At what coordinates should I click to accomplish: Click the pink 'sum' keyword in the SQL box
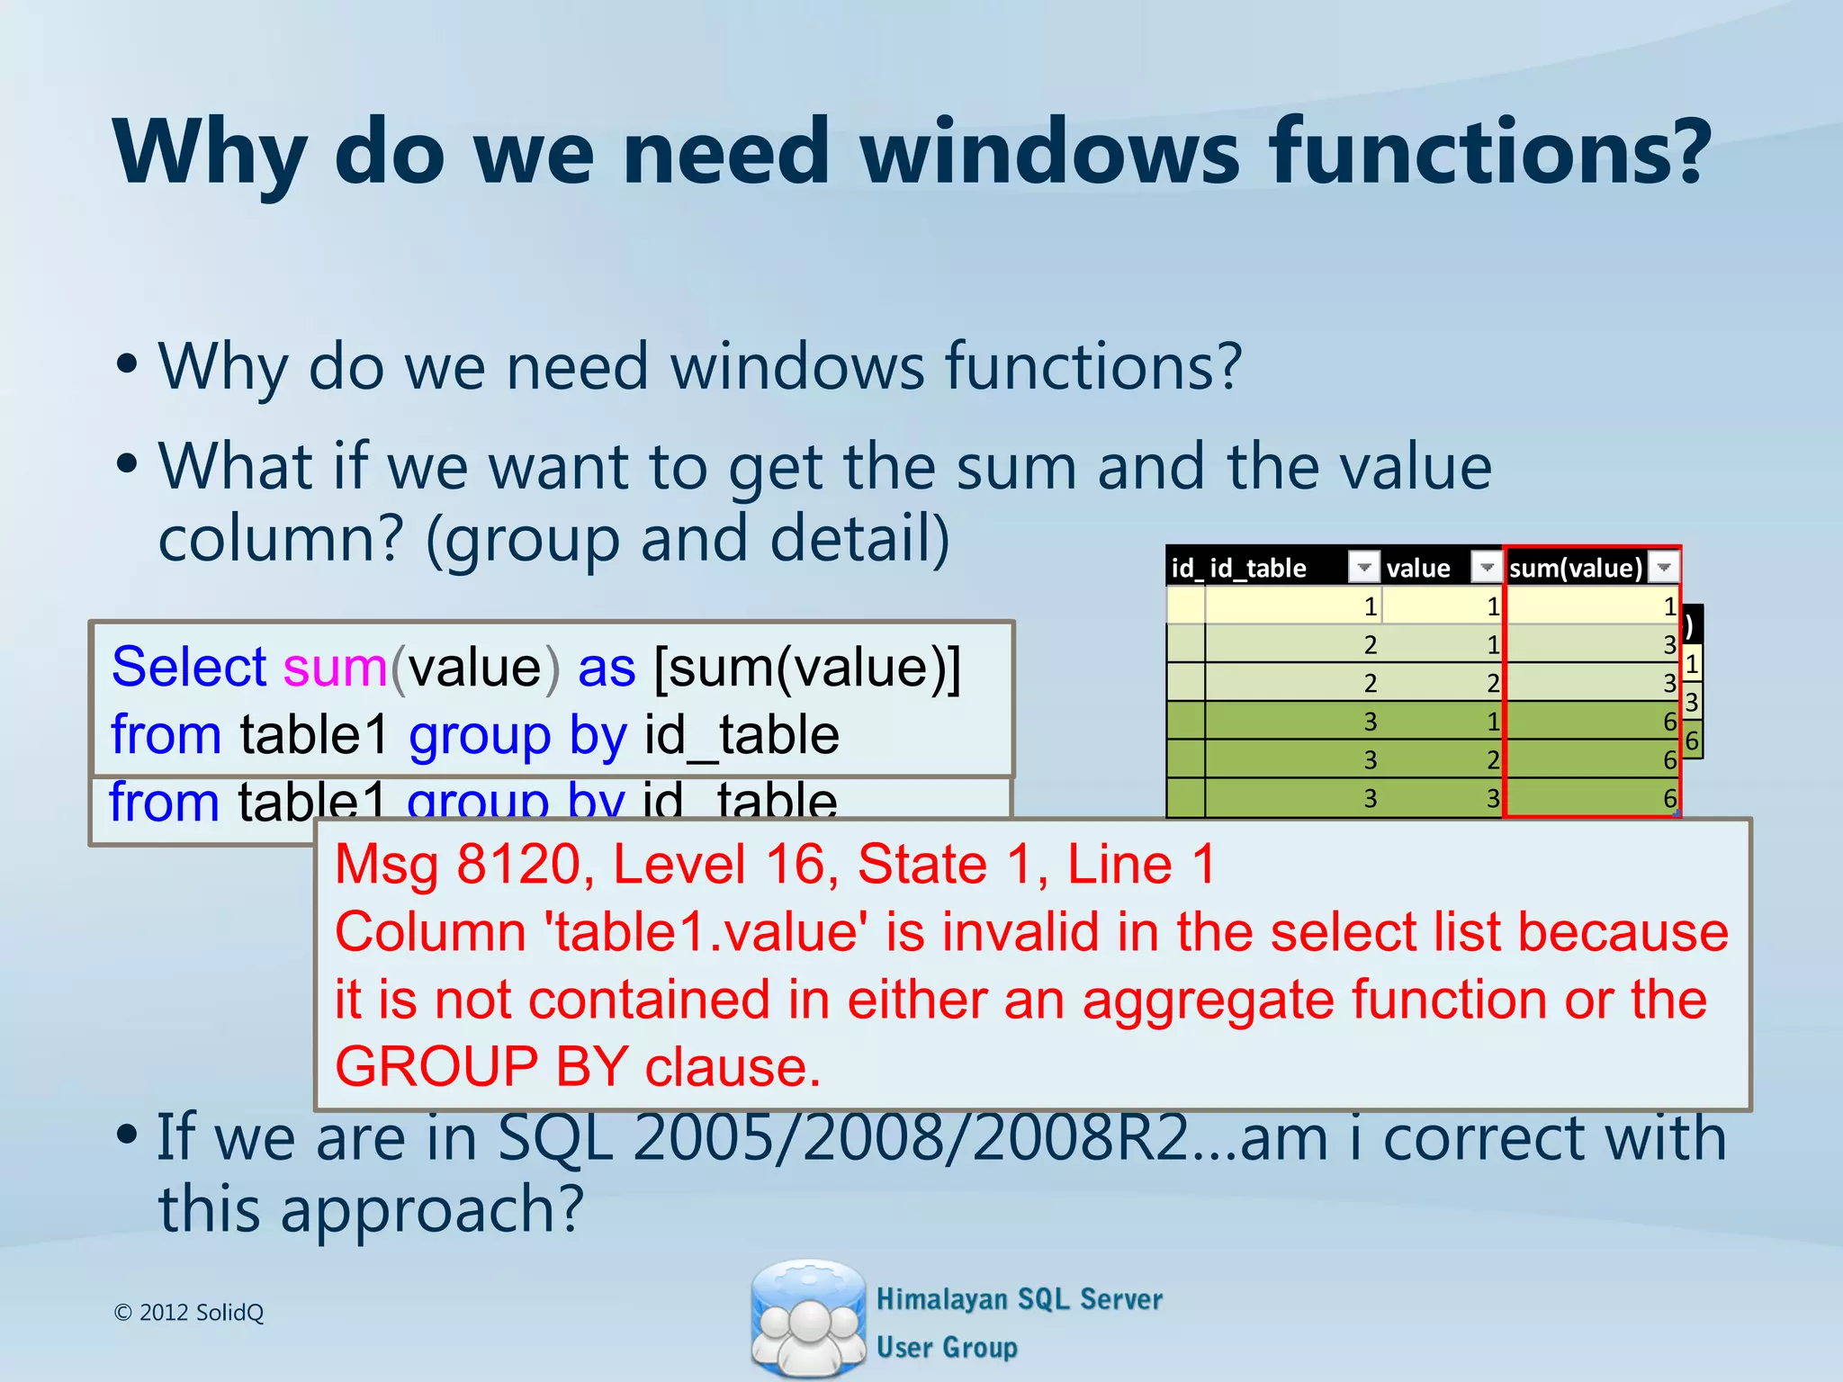click(335, 668)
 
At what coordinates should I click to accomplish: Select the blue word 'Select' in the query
click(189, 668)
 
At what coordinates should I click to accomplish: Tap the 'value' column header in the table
click(1418, 568)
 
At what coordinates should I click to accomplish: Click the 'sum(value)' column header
click(1576, 568)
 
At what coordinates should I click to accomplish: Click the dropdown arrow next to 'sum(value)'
click(1664, 567)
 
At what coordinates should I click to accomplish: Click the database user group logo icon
click(807, 1317)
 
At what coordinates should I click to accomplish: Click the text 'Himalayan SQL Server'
click(1019, 1299)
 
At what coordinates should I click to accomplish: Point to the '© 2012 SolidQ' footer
click(189, 1313)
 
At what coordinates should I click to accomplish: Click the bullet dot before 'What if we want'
click(127, 465)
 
